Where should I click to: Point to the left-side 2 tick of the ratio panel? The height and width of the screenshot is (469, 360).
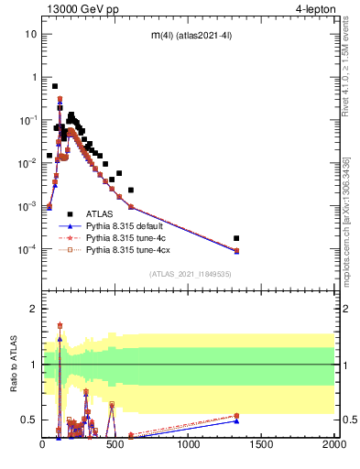coord(33,309)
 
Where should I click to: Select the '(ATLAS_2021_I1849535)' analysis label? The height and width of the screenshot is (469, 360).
coord(189,273)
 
